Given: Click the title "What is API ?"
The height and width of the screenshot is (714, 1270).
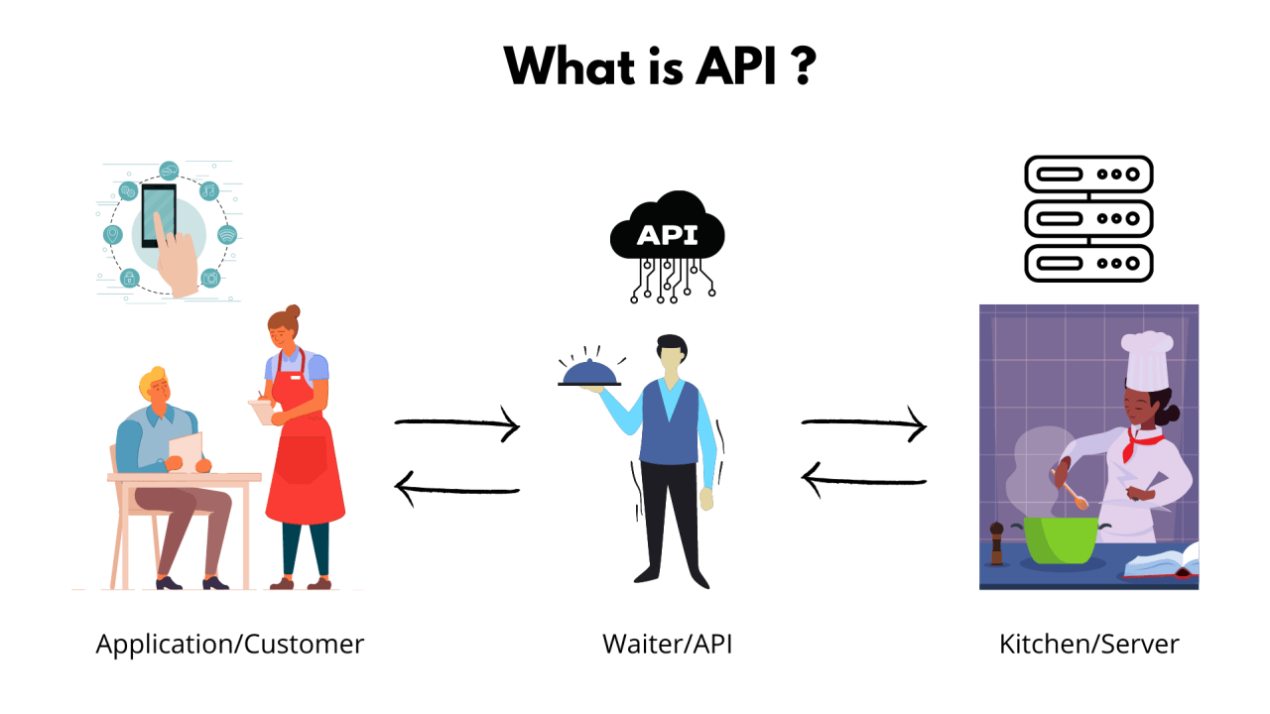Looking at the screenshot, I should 659,65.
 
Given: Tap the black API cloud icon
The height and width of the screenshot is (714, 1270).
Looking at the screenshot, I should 667,235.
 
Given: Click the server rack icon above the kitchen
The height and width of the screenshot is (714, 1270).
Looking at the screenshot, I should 1088,218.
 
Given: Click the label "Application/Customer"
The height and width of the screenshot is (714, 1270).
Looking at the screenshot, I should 230,644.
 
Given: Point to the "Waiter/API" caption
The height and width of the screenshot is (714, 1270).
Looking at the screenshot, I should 667,644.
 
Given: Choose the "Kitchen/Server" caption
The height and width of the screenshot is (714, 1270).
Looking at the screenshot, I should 1088,644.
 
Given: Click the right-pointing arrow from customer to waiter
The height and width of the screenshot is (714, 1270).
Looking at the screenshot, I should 457,424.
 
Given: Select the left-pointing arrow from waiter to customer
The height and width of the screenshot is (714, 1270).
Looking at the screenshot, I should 457,486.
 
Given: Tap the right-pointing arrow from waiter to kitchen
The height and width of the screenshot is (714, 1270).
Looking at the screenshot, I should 864,424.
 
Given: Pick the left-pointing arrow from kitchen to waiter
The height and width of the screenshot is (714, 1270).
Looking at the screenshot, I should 864,482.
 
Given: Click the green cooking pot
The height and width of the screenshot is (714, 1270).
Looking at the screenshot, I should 1060,540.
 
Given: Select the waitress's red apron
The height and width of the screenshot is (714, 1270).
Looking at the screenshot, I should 304,456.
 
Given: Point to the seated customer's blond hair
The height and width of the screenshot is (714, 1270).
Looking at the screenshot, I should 155,380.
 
